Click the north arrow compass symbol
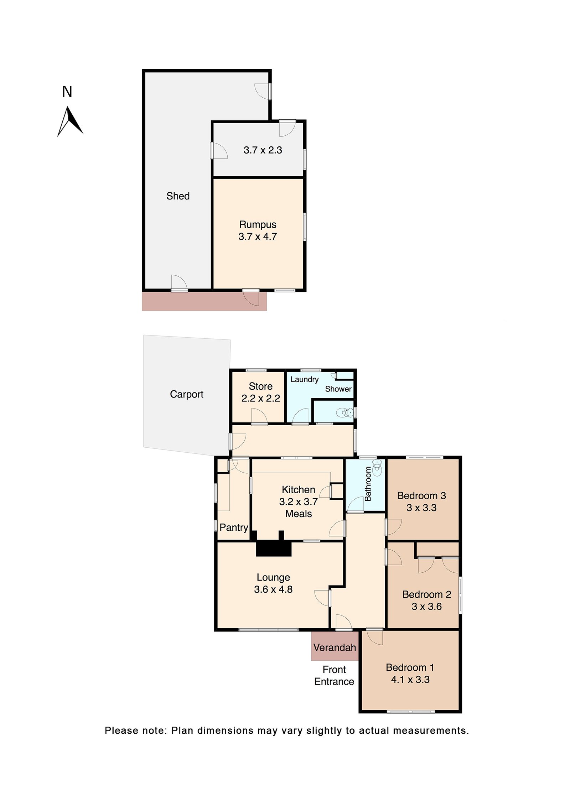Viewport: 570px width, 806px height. [x=70, y=122]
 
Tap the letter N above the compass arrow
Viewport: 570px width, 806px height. [x=67, y=92]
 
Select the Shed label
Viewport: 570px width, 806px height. [x=178, y=196]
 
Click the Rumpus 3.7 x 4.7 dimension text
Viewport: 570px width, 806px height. [x=258, y=236]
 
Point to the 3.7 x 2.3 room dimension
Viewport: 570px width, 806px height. [x=263, y=150]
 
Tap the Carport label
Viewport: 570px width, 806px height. [x=186, y=394]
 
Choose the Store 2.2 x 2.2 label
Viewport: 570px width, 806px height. [x=260, y=392]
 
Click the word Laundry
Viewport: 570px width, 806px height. [x=304, y=379]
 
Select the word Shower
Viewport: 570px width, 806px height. [x=338, y=389]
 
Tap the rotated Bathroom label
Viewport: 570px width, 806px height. [x=368, y=484]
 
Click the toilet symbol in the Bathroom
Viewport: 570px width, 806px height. [x=377, y=467]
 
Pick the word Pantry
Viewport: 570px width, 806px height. [x=234, y=527]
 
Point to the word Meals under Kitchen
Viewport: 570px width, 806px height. [x=299, y=514]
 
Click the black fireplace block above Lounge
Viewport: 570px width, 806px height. [x=274, y=549]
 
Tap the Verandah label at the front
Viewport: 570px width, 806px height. [x=335, y=648]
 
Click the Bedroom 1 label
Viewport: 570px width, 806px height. [x=410, y=667]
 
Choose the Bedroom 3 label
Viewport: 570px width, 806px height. [x=421, y=495]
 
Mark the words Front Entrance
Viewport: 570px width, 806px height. [x=334, y=676]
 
